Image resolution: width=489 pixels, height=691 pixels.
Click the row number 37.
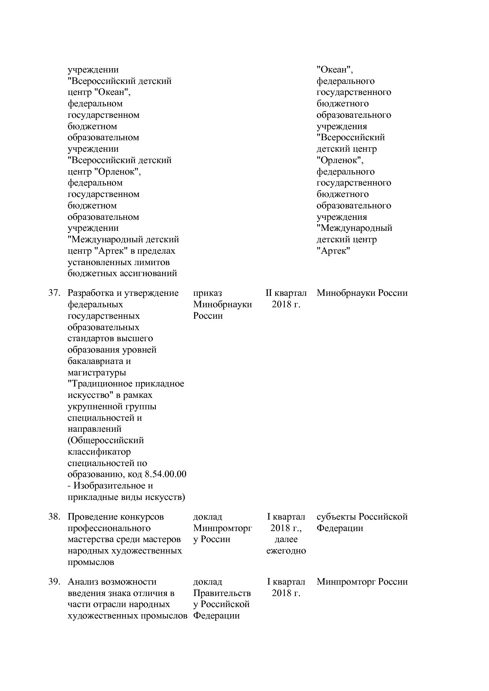click(x=54, y=293)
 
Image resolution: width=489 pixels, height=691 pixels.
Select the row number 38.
click(x=54, y=517)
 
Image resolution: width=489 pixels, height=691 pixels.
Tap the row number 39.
click(x=54, y=582)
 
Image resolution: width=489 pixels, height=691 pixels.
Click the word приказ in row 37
click(x=207, y=293)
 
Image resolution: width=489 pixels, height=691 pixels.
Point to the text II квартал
click(x=286, y=293)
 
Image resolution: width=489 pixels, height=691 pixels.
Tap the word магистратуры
click(x=97, y=373)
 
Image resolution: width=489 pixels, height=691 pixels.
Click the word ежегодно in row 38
click(x=286, y=551)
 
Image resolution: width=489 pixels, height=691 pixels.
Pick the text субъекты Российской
click(x=362, y=517)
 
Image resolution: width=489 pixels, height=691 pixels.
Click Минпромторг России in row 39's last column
click(x=362, y=582)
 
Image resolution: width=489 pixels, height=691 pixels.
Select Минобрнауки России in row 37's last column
click(x=362, y=293)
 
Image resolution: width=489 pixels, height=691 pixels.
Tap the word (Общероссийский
click(x=106, y=440)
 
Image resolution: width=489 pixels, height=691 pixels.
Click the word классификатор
click(x=99, y=452)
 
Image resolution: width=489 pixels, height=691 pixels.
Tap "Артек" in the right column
click(x=333, y=251)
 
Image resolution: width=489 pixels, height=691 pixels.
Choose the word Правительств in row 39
click(x=222, y=593)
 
